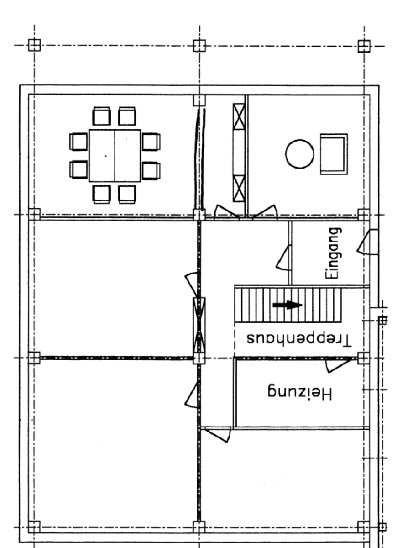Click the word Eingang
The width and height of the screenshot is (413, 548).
(x=333, y=253)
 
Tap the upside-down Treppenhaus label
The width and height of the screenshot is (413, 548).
(x=299, y=339)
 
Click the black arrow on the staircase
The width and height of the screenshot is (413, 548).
(x=288, y=305)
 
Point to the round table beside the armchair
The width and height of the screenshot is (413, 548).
(x=299, y=154)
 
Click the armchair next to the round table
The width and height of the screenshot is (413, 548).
(x=334, y=154)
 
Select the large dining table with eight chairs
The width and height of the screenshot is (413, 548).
(x=115, y=155)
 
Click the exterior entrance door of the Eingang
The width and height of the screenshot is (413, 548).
(x=368, y=242)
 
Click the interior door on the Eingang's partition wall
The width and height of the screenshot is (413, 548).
(x=283, y=258)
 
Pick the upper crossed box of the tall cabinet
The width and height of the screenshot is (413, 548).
(x=239, y=116)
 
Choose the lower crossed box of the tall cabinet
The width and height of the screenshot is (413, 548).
(x=239, y=188)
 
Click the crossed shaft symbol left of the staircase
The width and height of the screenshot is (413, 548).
(x=199, y=325)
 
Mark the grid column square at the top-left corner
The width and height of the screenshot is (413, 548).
(x=34, y=45)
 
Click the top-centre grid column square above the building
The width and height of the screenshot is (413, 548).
(x=199, y=46)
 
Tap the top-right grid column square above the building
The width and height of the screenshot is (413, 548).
(x=364, y=46)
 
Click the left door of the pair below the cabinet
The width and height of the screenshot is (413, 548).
(x=226, y=212)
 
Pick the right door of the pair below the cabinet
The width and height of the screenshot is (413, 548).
(x=264, y=212)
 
